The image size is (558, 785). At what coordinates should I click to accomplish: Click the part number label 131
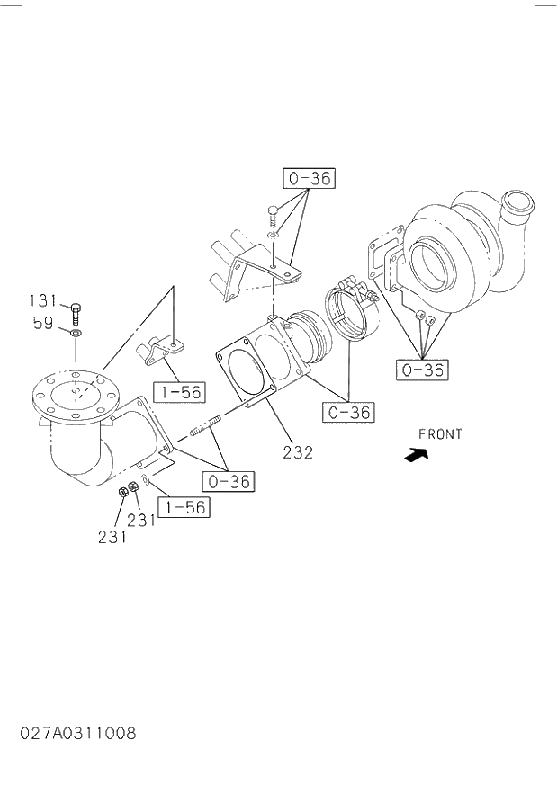(42, 300)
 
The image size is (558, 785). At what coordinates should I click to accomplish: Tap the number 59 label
(43, 323)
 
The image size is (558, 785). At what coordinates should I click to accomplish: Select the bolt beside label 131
(76, 314)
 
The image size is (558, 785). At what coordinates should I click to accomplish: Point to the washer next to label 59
(76, 334)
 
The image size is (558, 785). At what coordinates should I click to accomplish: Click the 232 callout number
(297, 452)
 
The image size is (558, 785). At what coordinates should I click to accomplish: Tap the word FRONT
(440, 434)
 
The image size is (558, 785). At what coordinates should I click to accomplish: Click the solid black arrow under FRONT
(416, 455)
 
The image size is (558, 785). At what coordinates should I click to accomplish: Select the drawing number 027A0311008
(78, 733)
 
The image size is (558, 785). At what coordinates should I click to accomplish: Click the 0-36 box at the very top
(309, 178)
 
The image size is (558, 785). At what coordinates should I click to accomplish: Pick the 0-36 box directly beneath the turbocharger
(422, 370)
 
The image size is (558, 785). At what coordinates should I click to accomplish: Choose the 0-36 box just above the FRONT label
(349, 413)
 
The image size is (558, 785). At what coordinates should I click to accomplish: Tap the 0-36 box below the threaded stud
(229, 482)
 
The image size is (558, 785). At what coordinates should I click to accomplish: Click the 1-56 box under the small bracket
(178, 392)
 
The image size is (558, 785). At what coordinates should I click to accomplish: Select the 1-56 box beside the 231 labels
(184, 507)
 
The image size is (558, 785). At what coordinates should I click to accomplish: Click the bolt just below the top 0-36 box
(273, 216)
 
